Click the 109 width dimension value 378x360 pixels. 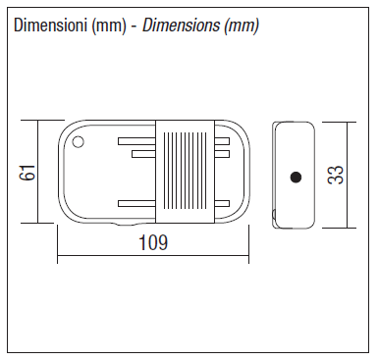pos(153,242)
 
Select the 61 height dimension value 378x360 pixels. pos(27,172)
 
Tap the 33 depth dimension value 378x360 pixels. pos(336,175)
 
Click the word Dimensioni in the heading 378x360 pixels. pos(51,26)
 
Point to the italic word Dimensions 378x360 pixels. pos(181,26)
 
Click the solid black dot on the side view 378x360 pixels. pos(296,178)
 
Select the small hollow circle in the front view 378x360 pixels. pos(78,142)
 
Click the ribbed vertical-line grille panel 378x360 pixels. pos(185,171)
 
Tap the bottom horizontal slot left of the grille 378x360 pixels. pos(136,203)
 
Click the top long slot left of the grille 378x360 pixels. pos(136,141)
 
